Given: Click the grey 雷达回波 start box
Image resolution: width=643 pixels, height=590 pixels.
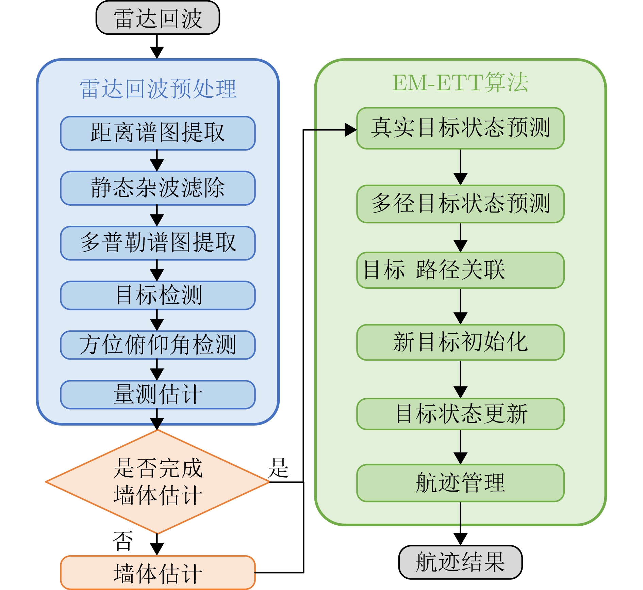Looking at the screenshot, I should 158,18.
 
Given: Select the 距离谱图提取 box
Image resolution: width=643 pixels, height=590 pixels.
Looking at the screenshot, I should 158,133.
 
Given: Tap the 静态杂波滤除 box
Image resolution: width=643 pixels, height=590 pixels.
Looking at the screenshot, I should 158,188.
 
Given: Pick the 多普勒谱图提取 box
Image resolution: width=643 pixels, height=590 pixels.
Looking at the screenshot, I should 158,243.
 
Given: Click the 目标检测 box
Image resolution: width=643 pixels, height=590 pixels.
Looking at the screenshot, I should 158,295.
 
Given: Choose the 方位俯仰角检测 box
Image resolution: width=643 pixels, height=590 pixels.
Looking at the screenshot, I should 158,345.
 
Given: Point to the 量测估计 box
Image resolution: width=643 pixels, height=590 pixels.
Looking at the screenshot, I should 158,395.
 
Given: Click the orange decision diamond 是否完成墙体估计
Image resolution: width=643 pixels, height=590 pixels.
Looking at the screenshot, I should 158,481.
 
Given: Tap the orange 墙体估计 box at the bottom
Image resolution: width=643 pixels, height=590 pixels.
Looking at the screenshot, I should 158,573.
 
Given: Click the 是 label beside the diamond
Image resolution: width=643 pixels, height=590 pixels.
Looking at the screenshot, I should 278,468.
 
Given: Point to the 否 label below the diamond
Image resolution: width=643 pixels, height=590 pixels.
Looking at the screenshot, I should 123,541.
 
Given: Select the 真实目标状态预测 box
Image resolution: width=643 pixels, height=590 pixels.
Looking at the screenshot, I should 460,128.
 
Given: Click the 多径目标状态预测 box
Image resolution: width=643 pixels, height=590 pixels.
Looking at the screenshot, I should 460,204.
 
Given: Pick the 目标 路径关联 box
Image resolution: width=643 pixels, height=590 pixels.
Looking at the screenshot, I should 460,270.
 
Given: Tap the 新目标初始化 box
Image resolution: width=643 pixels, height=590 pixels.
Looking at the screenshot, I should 460,342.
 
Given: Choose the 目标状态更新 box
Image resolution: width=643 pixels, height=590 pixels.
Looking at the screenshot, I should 460,414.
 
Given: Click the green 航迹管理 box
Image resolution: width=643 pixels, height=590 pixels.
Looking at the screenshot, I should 460,483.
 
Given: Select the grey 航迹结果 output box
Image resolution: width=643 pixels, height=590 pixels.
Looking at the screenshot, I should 460,562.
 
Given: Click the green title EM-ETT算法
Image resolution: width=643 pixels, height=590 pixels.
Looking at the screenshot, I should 460,83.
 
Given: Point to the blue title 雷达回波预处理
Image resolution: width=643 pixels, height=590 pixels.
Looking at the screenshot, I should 158,89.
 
